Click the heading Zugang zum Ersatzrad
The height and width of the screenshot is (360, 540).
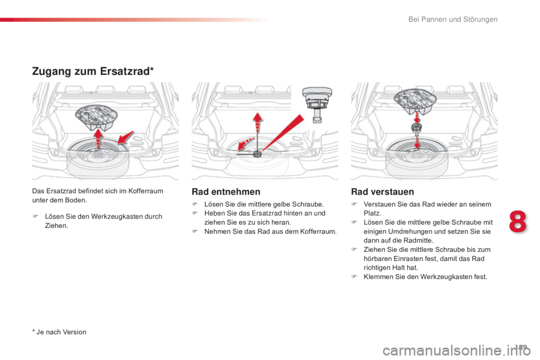pos(93,71)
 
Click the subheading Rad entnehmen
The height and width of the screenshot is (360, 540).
pos(226,192)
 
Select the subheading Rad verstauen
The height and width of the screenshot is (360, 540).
pos(382,192)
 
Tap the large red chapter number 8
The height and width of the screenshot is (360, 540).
pos(517,222)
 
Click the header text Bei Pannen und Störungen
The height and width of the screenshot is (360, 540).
pos(453,19)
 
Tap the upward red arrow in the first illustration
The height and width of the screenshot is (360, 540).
pos(98,138)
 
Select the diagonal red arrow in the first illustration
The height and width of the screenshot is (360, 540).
pos(125,137)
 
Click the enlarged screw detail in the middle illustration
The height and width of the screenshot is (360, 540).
pos(317,103)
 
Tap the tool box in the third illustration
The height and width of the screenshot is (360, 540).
pos(415,101)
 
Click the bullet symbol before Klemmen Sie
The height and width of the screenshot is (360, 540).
pos(354,276)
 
